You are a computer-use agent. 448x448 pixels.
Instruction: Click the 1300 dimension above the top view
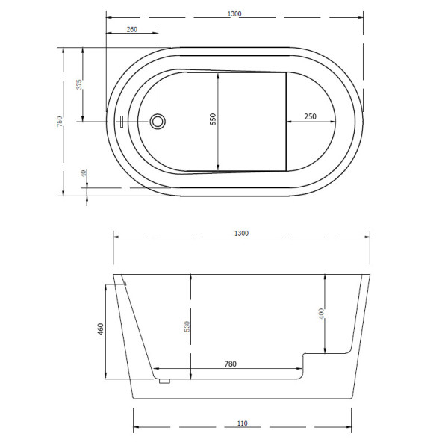(x=237, y=13)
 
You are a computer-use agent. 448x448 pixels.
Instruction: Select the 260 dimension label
(x=132, y=29)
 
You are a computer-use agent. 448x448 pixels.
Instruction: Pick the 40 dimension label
(x=84, y=172)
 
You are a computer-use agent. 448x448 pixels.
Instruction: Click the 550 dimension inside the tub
(x=213, y=119)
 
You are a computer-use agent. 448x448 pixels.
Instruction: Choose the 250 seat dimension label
(x=311, y=117)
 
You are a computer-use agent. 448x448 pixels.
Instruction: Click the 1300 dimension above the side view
(x=241, y=234)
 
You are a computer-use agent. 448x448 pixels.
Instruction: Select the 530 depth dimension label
(x=188, y=326)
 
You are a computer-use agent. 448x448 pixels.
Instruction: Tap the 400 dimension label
(x=321, y=314)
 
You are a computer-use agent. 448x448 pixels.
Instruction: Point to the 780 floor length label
(x=230, y=364)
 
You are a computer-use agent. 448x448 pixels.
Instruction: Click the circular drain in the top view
(x=158, y=121)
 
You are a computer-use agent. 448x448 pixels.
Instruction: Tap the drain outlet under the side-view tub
(x=164, y=381)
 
